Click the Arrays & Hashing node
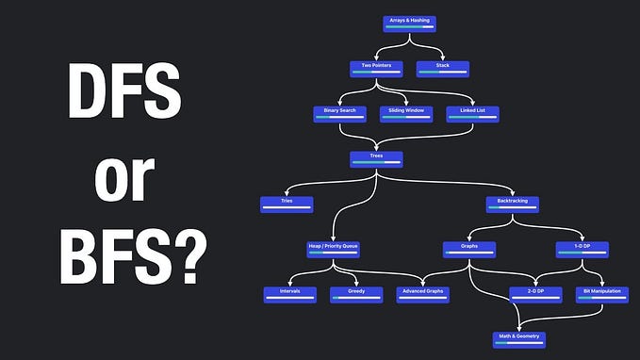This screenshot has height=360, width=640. [410, 23]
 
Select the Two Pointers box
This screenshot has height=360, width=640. [376, 69]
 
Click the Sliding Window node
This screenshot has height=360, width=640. [405, 114]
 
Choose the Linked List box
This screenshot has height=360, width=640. [472, 114]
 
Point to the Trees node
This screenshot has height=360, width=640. [376, 159]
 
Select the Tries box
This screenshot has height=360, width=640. [287, 204]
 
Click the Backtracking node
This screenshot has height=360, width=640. [512, 204]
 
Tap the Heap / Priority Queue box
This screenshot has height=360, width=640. [333, 250]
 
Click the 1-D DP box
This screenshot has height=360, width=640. [582, 250]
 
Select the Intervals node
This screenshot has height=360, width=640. [289, 295]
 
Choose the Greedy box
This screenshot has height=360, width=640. [356, 295]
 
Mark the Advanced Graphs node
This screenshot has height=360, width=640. [422, 295]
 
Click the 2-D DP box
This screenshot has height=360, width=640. [534, 295]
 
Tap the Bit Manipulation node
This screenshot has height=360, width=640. [601, 295]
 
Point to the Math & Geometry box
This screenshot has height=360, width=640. [519, 338]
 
